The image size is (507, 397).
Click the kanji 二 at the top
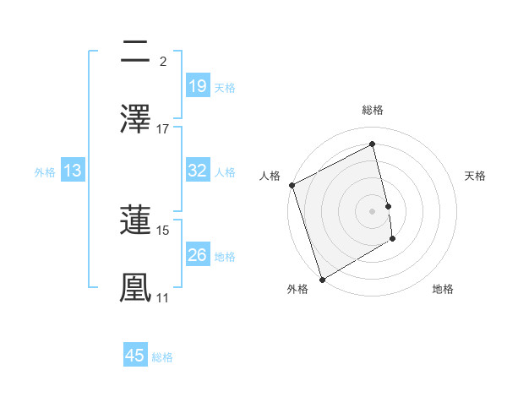[x=136, y=52]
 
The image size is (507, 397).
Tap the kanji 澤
[x=136, y=118]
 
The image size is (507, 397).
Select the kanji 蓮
[x=136, y=220]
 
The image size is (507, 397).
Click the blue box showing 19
[x=197, y=85]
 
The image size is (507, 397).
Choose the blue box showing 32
[x=197, y=171]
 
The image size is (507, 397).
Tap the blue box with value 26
[x=197, y=255]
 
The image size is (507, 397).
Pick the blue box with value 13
[x=73, y=171]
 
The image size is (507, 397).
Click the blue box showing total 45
[x=135, y=356]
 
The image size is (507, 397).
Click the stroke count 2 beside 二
[x=163, y=62]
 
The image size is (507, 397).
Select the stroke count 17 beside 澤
[x=163, y=129]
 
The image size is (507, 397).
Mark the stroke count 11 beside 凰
[x=163, y=297]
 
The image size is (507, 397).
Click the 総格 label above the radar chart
[x=373, y=110]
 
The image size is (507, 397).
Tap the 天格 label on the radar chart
[x=475, y=176]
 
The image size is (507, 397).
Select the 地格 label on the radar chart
[x=443, y=289]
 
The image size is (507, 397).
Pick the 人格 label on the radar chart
[x=270, y=176]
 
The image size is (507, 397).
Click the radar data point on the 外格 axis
[x=321, y=279]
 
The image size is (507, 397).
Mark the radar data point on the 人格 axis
[x=292, y=185]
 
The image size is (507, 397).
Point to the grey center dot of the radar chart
[x=373, y=210]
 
